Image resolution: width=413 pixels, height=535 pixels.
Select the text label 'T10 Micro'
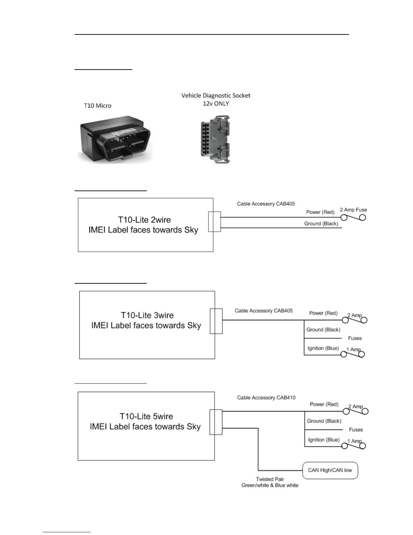pyautogui.click(x=98, y=106)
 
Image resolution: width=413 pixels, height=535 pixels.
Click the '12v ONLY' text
pyautogui.click(x=216, y=104)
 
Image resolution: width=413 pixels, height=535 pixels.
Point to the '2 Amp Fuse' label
pyautogui.click(x=353, y=210)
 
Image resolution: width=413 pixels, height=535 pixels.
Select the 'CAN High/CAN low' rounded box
pyautogui.click(x=330, y=470)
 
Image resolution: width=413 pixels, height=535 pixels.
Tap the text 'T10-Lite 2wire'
pyautogui.click(x=144, y=220)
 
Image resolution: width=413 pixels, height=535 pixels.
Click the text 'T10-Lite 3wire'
pyautogui.click(x=147, y=315)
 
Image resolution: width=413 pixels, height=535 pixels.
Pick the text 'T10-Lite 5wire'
pyautogui.click(x=146, y=416)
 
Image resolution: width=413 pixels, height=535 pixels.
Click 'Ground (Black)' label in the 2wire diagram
pyautogui.click(x=321, y=224)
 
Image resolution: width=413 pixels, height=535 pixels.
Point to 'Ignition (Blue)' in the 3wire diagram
pyautogui.click(x=323, y=348)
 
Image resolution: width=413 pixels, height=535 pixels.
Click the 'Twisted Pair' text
pyautogui.click(x=270, y=479)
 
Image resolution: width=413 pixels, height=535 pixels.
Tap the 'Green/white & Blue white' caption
pyautogui.click(x=270, y=485)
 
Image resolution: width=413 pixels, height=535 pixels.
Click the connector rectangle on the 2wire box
pyautogui.click(x=215, y=222)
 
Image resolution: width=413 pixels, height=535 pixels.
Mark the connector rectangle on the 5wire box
pyautogui.click(x=216, y=422)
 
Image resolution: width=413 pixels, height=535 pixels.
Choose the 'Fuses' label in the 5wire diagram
pyautogui.click(x=356, y=430)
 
